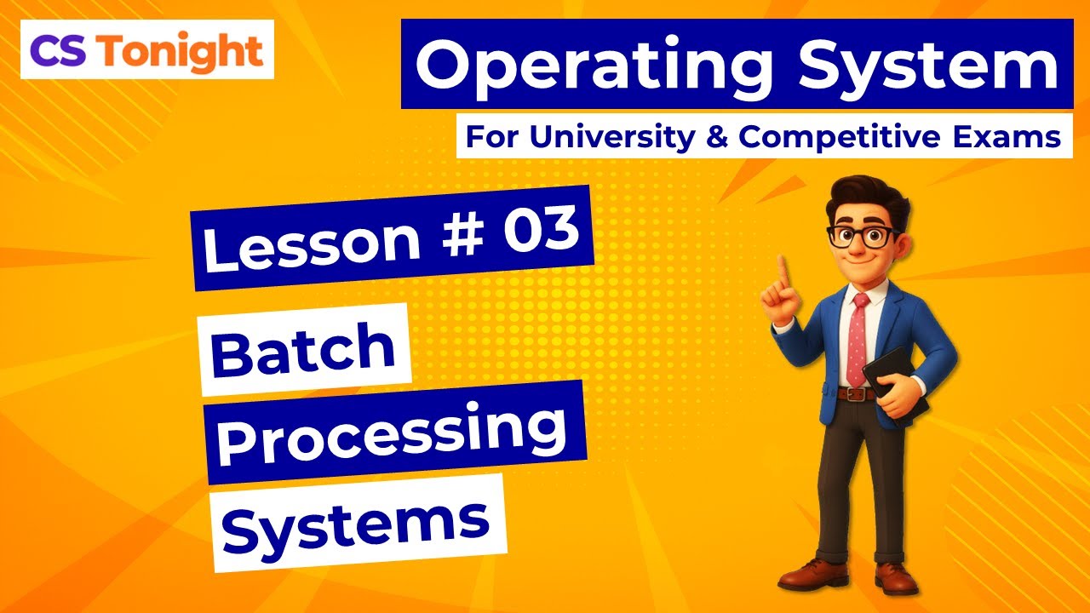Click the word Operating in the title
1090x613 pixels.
point(597,67)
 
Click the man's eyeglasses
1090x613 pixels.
point(862,236)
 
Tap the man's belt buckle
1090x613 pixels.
point(856,394)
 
